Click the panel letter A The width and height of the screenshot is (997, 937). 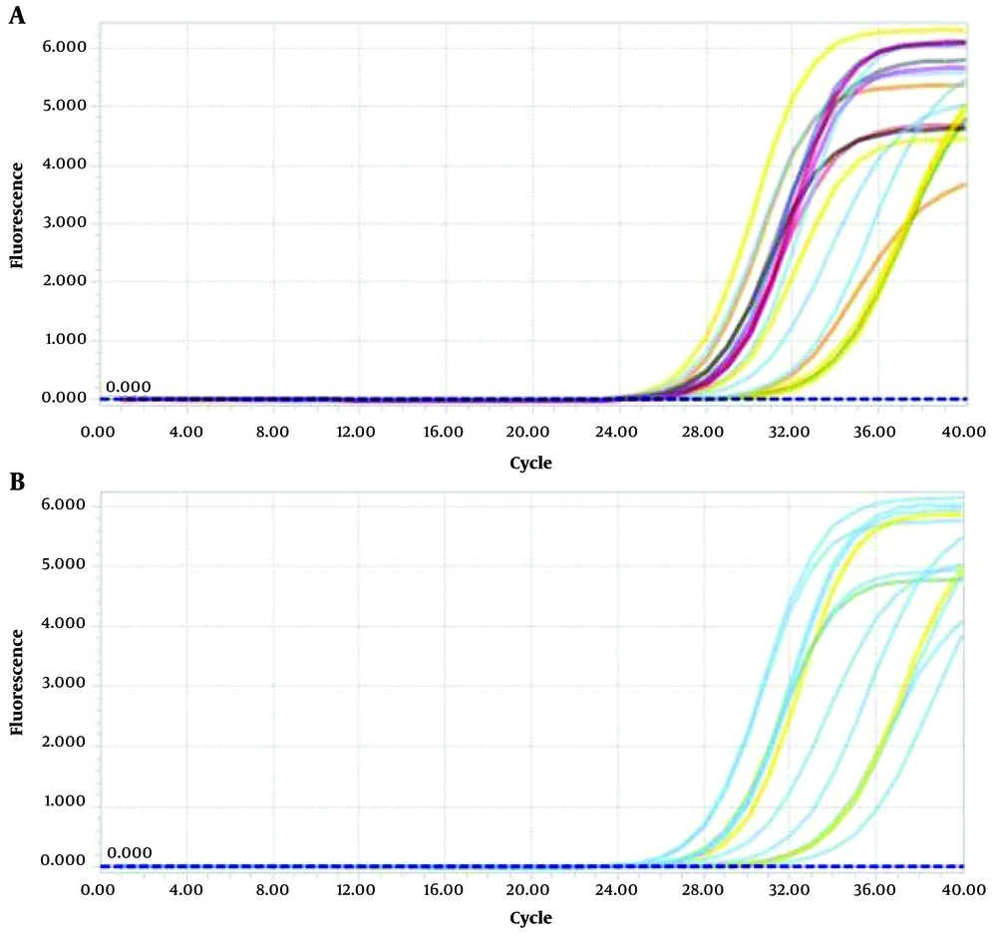pos(17,17)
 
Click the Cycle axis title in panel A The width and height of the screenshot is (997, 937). pos(529,463)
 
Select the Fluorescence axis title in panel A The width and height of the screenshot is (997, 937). pos(17,222)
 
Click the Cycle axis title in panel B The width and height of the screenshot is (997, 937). pos(529,916)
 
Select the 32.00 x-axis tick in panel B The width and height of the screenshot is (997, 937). pos(789,888)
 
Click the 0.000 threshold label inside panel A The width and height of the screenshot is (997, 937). pos(129,387)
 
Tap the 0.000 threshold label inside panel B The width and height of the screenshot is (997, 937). pos(129,853)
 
